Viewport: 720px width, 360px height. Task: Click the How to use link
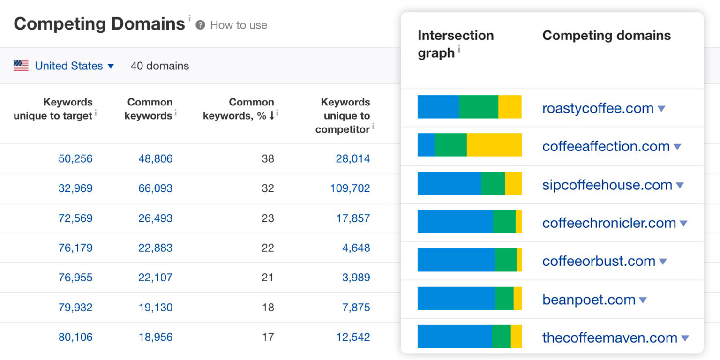[238, 25]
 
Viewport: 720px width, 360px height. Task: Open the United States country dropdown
[74, 66]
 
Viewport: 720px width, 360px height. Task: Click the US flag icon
[21, 66]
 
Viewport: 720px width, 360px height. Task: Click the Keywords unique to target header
[53, 109]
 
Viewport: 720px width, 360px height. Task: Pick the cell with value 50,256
[75, 159]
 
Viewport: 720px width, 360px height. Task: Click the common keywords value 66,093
[155, 188]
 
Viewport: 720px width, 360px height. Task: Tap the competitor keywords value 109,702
[350, 188]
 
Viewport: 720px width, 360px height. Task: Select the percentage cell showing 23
[268, 218]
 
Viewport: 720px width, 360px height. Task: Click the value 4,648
[356, 248]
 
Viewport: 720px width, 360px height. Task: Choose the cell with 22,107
[155, 277]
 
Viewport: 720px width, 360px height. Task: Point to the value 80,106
[75, 337]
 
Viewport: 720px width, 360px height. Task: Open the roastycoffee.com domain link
[598, 108]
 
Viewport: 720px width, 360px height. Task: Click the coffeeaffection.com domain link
[606, 147]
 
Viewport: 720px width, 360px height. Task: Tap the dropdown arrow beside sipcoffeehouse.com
[680, 185]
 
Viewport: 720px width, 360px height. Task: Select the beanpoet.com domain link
[589, 300]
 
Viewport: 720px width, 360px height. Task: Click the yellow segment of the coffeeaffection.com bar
[494, 145]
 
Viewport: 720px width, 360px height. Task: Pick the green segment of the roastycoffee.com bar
[479, 106]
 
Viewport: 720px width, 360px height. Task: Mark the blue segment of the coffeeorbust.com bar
[456, 260]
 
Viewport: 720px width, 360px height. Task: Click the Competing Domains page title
[99, 24]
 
